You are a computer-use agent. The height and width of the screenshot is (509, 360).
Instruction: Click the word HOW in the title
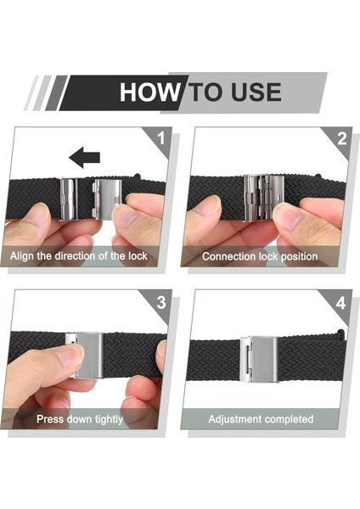(x=149, y=92)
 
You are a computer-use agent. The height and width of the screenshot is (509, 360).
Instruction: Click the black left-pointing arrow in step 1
(x=84, y=158)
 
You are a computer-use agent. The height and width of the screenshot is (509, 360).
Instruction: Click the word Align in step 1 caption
(x=22, y=256)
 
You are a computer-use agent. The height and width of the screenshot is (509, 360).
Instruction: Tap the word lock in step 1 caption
(x=138, y=256)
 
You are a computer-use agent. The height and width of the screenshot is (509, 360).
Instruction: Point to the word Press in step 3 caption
(x=48, y=419)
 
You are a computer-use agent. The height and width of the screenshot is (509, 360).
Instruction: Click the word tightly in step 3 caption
(x=109, y=419)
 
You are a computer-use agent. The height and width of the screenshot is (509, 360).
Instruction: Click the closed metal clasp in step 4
(x=259, y=359)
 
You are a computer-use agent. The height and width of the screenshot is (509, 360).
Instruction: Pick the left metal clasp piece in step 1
(x=70, y=199)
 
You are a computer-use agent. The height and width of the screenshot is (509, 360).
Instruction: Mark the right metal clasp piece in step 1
(x=107, y=199)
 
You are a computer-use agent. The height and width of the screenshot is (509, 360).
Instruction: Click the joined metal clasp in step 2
(x=264, y=198)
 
